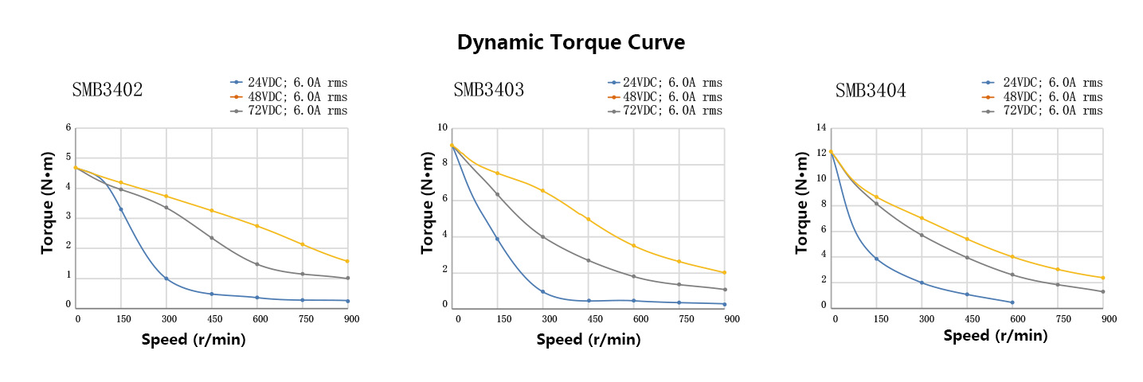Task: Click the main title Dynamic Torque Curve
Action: [570, 43]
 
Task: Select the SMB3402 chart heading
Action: [108, 90]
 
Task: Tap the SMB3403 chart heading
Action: [488, 90]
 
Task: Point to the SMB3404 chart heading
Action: [870, 91]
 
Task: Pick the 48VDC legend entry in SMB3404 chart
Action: [1052, 97]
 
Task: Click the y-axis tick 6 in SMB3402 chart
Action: [69, 127]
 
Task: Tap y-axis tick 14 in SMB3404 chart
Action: [822, 127]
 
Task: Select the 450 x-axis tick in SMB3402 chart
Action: [212, 319]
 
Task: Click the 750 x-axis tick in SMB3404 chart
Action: [1062, 319]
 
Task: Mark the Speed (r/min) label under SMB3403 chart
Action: [588, 340]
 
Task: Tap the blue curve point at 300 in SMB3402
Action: [166, 279]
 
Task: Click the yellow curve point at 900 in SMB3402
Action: [347, 261]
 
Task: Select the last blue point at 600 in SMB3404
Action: [1012, 302]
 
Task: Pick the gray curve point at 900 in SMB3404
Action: [1103, 291]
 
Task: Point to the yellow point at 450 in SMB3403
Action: [588, 219]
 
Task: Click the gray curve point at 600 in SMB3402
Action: [256, 264]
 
